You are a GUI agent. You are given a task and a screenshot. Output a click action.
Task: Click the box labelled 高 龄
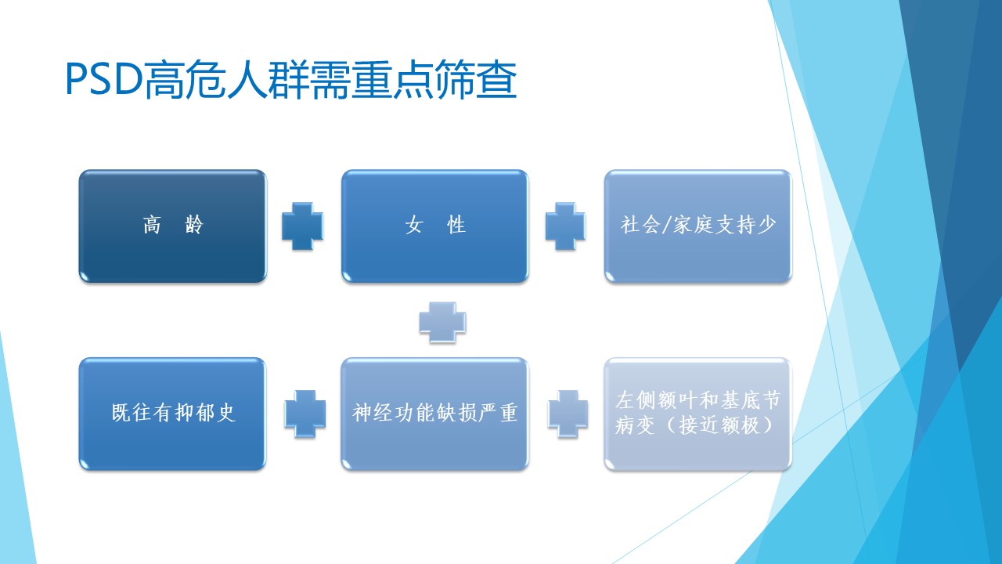[x=173, y=226]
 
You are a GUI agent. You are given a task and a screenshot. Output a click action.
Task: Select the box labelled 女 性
[x=435, y=226]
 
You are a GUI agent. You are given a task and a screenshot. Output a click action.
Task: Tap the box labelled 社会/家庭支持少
[x=697, y=226]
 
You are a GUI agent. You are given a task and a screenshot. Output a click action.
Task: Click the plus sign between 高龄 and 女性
[x=302, y=226]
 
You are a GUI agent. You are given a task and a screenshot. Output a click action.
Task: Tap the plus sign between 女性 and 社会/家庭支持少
[x=565, y=226]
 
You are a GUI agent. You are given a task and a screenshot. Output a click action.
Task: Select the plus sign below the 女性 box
[x=442, y=322]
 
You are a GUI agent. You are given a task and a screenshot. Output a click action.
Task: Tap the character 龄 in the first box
[x=194, y=224]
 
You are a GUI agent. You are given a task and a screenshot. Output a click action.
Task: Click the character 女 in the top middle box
[x=414, y=224]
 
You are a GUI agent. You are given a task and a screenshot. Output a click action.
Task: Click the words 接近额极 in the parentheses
[x=719, y=425]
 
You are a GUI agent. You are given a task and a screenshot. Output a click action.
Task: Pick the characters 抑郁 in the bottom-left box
[x=195, y=412]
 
